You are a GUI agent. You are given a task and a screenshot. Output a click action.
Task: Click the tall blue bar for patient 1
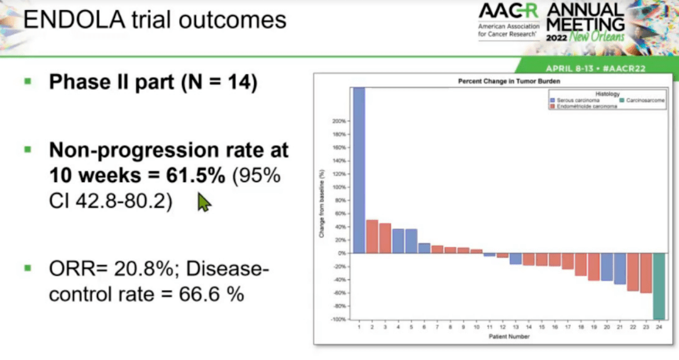358,170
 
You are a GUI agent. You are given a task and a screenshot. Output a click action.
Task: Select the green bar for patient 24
659,286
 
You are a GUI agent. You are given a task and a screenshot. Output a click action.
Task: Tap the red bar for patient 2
372,236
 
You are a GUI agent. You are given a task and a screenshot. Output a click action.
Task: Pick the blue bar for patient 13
516,258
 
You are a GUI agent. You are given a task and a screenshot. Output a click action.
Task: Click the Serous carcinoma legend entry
573,101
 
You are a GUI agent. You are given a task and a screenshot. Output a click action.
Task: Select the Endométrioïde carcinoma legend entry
583,107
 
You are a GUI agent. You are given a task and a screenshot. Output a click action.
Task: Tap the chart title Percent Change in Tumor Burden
501,82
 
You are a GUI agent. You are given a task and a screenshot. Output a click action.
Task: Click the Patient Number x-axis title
509,337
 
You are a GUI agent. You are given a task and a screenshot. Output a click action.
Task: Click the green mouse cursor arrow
204,202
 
